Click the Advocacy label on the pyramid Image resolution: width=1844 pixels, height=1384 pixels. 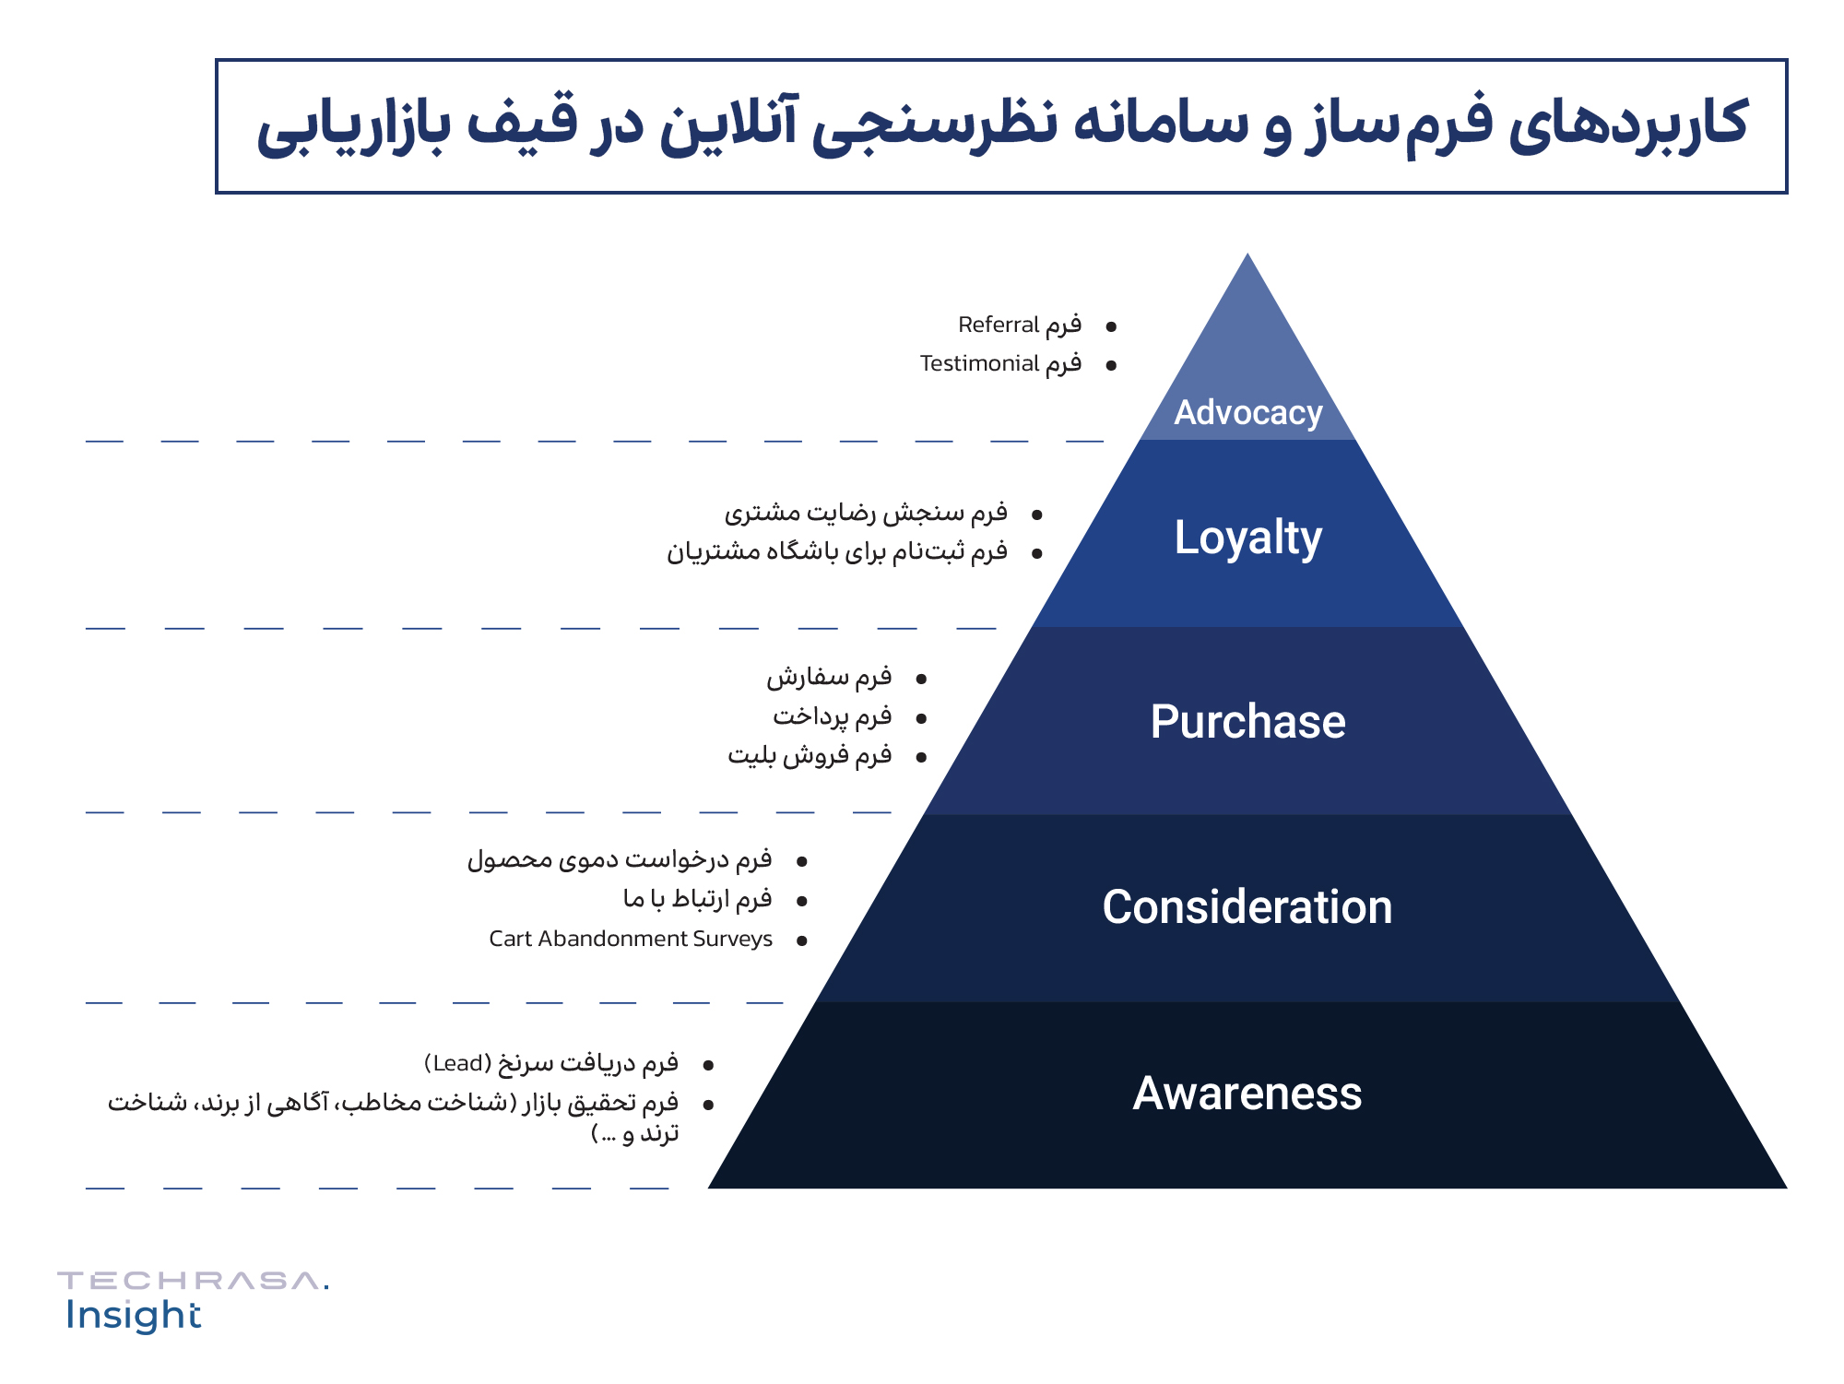pyautogui.click(x=1247, y=413)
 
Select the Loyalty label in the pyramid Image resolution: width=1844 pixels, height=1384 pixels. pyautogui.click(x=1247, y=538)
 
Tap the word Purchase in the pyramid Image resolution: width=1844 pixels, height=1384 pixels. pyautogui.click(x=1247, y=722)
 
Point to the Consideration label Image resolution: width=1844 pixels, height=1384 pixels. pyautogui.click(x=1247, y=907)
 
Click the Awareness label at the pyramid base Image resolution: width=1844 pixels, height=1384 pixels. pyautogui.click(x=1247, y=1094)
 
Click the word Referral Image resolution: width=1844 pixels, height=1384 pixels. pyautogui.click(x=999, y=325)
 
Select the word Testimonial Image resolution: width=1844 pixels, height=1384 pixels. pyautogui.click(x=979, y=364)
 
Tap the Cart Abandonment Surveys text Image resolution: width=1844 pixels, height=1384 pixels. pyautogui.click(x=631, y=939)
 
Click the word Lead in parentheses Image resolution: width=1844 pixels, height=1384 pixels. pyautogui.click(x=458, y=1064)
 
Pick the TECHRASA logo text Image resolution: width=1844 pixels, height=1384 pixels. pyautogui.click(x=192, y=1281)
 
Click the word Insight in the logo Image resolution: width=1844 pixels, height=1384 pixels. pyautogui.click(x=133, y=1316)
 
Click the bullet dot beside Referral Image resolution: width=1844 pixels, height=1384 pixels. pyautogui.click(x=1111, y=326)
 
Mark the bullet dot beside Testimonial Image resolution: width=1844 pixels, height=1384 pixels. pyautogui.click(x=1111, y=366)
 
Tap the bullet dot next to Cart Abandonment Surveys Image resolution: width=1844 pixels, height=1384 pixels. pyautogui.click(x=802, y=940)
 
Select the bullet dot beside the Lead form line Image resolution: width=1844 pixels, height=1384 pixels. pyautogui.click(x=708, y=1066)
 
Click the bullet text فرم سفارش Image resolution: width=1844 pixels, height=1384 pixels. pyautogui.click(x=829, y=678)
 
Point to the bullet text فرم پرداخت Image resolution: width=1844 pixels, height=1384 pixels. pyautogui.click(x=832, y=716)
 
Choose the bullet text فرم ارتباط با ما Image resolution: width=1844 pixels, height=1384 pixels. pyautogui.click(x=697, y=899)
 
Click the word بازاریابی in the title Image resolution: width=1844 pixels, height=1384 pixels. pyautogui.click(x=354, y=126)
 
